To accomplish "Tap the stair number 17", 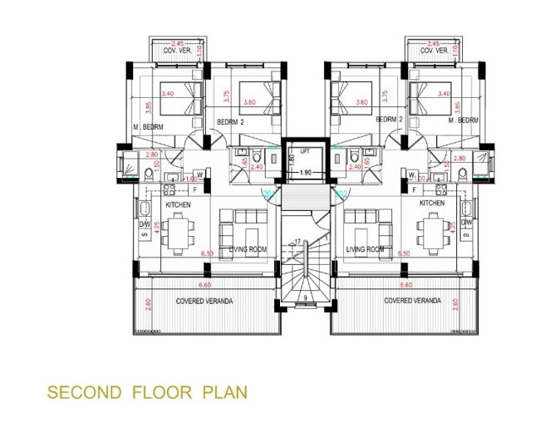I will pos(297,242).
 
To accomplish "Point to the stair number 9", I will pos(307,297).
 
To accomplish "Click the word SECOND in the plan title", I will pos(80,390).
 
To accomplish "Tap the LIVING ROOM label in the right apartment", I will pos(366,249).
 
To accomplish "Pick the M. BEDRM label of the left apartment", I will pos(148,126).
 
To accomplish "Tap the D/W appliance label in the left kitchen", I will pos(143,223).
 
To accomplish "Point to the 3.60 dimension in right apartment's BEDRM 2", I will pos(362,103).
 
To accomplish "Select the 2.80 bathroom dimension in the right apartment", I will pos(459,156).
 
